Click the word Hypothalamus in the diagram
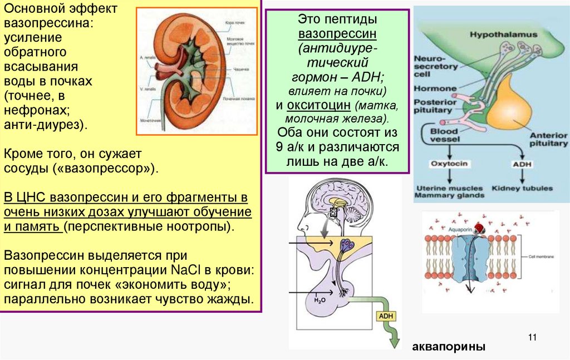click(503, 34)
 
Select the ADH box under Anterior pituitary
click(522, 164)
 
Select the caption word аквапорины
click(449, 347)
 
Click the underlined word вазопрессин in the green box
click(337, 33)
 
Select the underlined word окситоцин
click(320, 105)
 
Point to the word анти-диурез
click(43, 124)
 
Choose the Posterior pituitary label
click(433, 106)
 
